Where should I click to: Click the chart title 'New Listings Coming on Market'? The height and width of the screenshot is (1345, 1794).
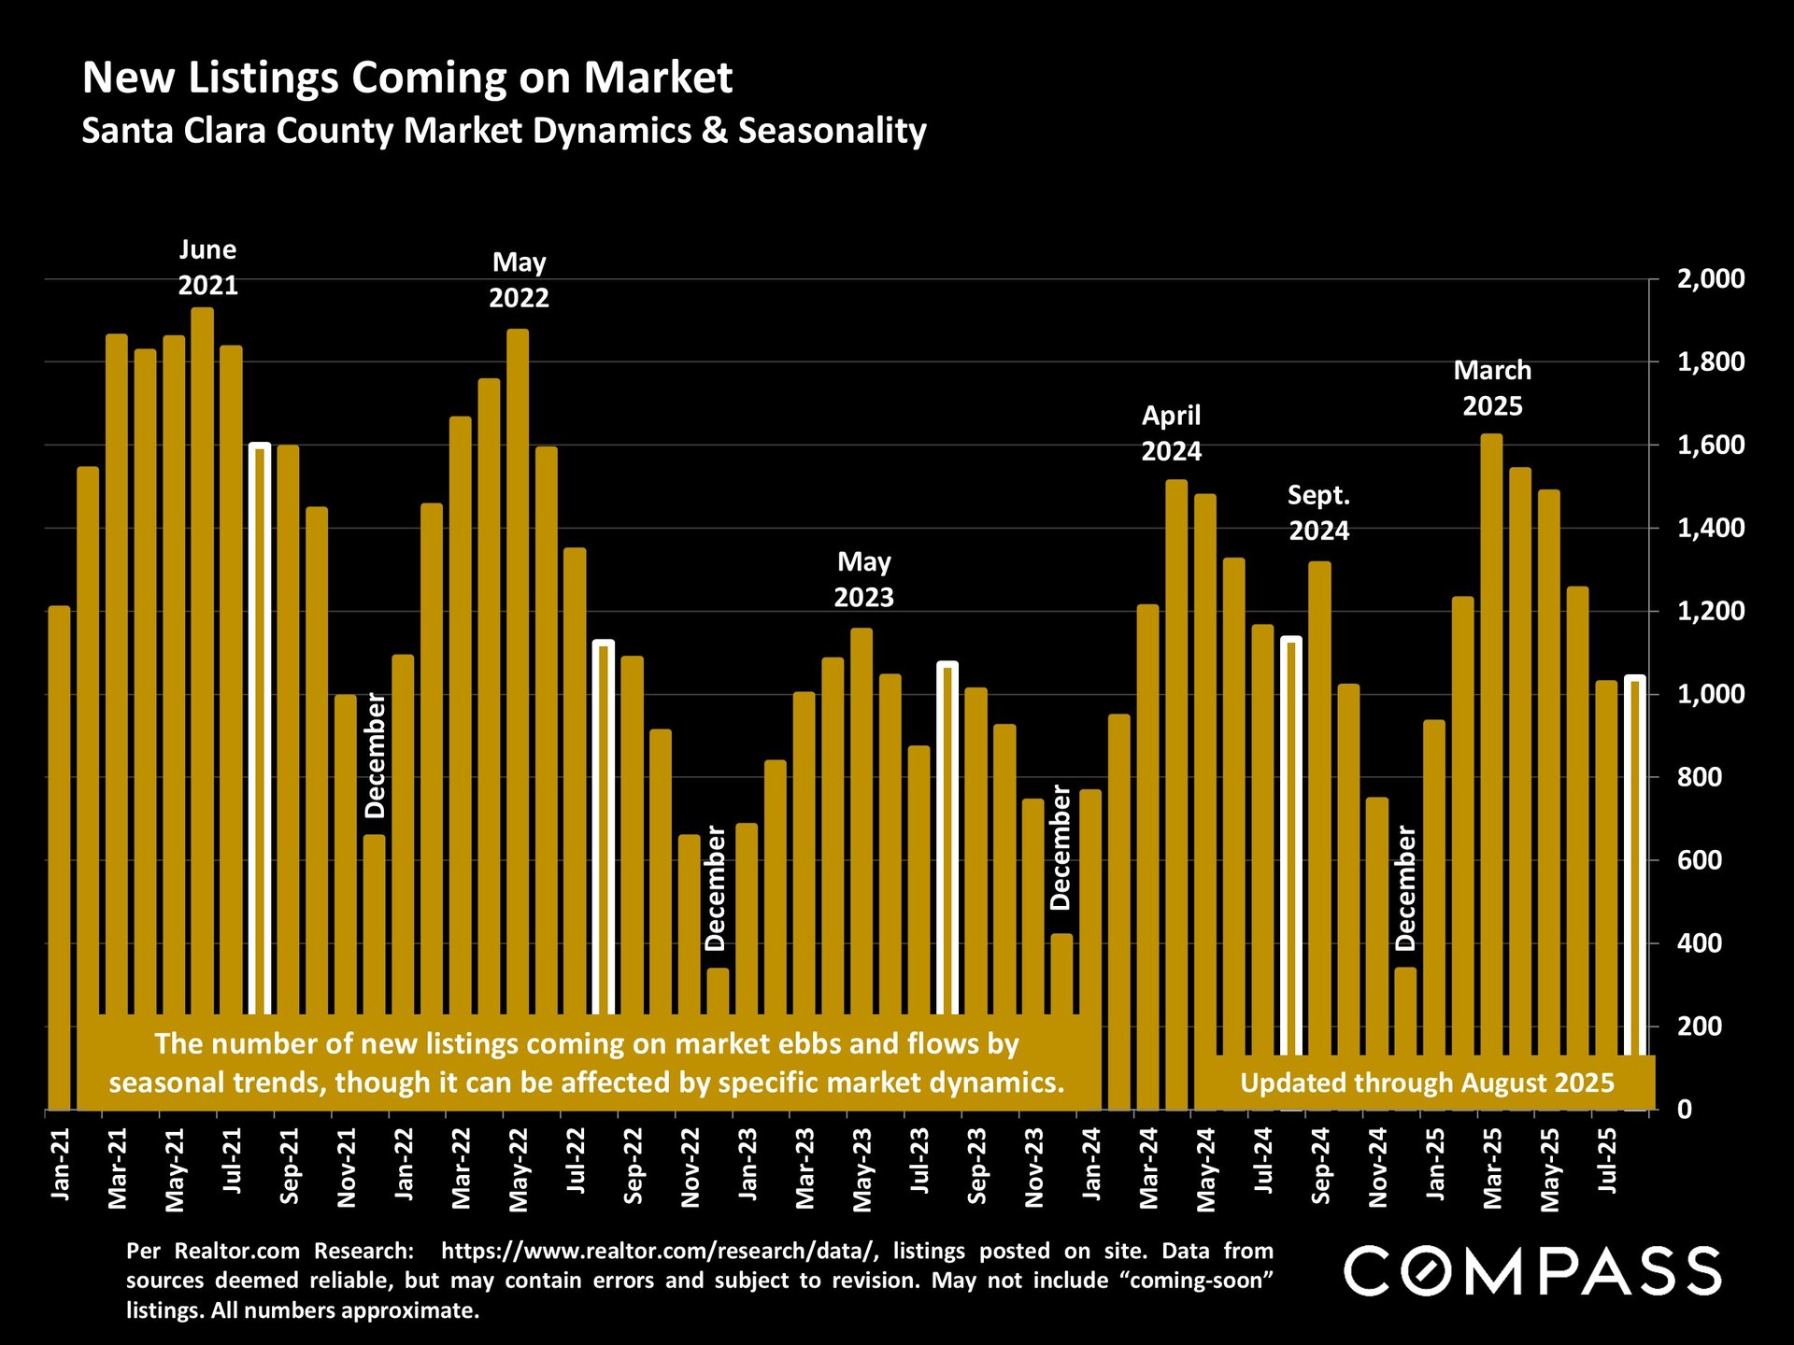[407, 78]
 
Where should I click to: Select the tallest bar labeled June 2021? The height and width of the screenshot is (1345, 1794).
[203, 654]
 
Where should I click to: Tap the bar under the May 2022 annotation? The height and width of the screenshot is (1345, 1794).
[518, 654]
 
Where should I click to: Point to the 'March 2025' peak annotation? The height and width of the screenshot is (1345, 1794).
[1492, 389]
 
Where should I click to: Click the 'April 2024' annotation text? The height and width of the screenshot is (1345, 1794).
[1171, 433]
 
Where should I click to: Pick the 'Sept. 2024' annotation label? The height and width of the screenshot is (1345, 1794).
[1318, 513]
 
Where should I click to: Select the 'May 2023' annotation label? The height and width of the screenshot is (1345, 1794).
[863, 579]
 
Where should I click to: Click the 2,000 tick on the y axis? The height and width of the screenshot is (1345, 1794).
[1710, 279]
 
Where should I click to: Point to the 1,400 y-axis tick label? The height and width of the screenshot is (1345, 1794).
[1710, 529]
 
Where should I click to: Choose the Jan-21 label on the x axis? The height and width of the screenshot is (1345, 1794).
[60, 1164]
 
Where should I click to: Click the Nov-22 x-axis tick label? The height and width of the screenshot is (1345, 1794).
[691, 1168]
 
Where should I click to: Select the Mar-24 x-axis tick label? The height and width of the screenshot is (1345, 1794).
[1148, 1168]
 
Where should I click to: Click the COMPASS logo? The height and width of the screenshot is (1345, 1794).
[1532, 1271]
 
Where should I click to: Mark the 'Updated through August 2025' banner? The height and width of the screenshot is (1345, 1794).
[1427, 1083]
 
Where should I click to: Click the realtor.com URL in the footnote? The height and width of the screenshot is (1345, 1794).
[660, 1251]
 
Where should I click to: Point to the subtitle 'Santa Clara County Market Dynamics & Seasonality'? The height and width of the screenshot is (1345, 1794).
[504, 131]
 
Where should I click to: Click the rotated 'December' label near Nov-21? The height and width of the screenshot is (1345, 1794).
[375, 755]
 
